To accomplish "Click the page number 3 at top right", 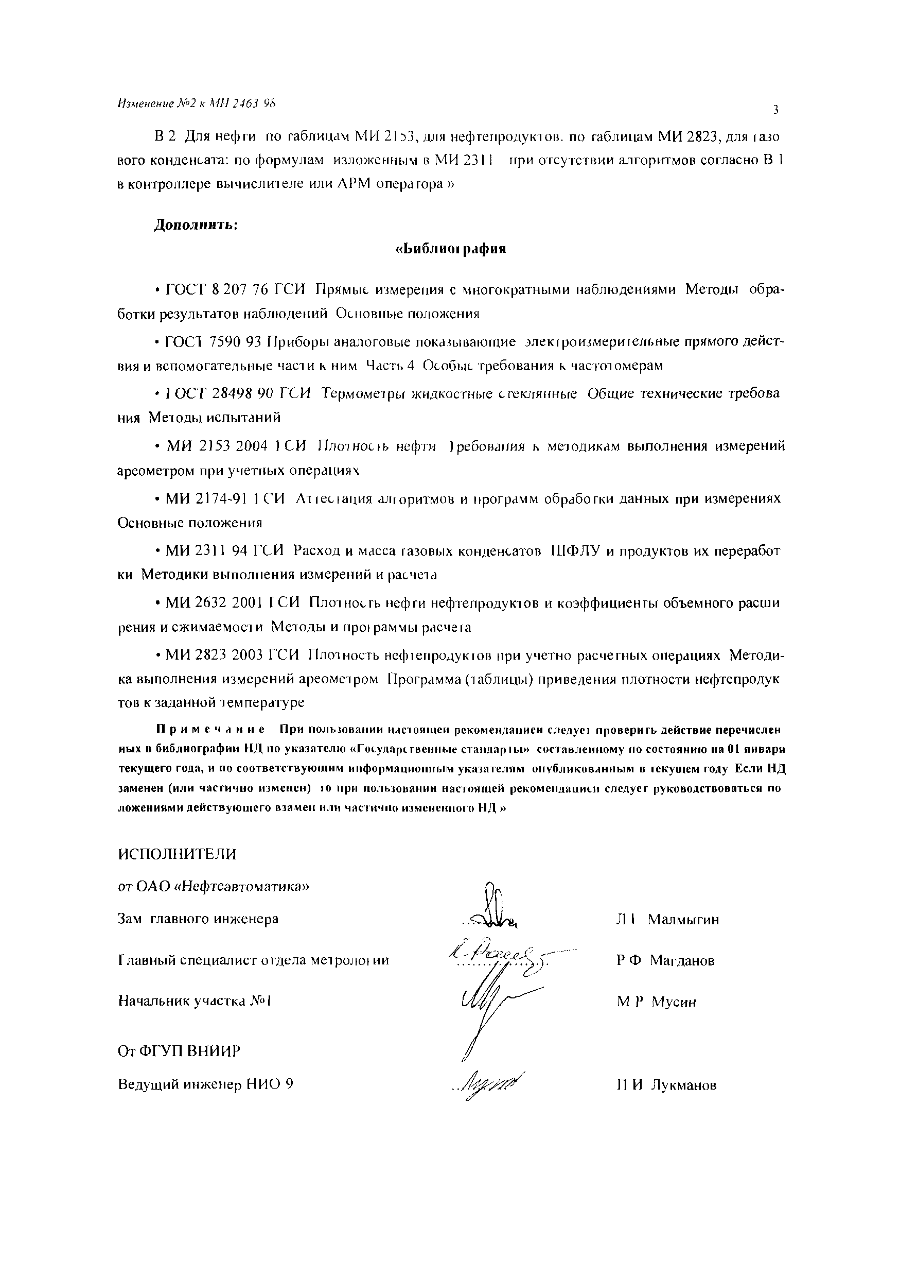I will point(775,110).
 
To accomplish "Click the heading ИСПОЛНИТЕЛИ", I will point(178,854).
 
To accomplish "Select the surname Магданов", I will point(682,960).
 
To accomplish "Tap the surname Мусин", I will point(674,1002).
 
